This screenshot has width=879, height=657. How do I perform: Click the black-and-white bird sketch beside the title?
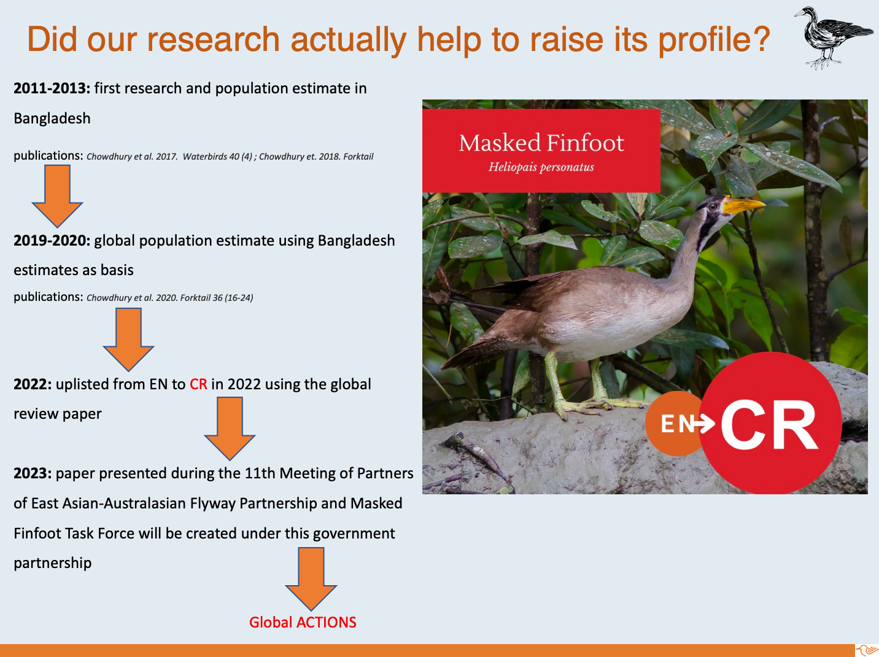pyautogui.click(x=832, y=38)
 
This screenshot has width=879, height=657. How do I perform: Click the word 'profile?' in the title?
pyautogui.click(x=714, y=41)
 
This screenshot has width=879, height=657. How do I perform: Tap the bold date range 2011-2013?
pyautogui.click(x=52, y=88)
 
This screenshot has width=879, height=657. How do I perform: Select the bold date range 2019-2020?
pyautogui.click(x=52, y=240)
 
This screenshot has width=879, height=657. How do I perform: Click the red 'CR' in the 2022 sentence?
pyautogui.click(x=198, y=384)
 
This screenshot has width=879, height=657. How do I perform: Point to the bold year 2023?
pyautogui.click(x=33, y=473)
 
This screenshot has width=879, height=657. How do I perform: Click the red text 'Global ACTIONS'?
pyautogui.click(x=303, y=622)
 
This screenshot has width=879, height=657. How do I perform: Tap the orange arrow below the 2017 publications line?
pyautogui.click(x=57, y=196)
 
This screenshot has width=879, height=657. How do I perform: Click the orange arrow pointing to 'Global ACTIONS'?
pyautogui.click(x=311, y=579)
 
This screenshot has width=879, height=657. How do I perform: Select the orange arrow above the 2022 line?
pyautogui.click(x=128, y=340)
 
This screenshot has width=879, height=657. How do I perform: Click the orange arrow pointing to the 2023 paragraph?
pyautogui.click(x=230, y=428)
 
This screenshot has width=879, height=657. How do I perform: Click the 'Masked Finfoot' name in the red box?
pyautogui.click(x=541, y=143)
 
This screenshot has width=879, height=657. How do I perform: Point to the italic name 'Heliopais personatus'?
pyautogui.click(x=541, y=167)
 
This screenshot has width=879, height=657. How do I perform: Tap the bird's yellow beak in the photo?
pyautogui.click(x=742, y=205)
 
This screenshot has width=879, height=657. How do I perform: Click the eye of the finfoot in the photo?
pyautogui.click(x=713, y=207)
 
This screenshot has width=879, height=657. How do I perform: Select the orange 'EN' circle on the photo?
pyautogui.click(x=675, y=424)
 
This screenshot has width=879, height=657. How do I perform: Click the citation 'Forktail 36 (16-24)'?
pyautogui.click(x=216, y=298)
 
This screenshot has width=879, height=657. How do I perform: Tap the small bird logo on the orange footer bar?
pyautogui.click(x=867, y=650)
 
